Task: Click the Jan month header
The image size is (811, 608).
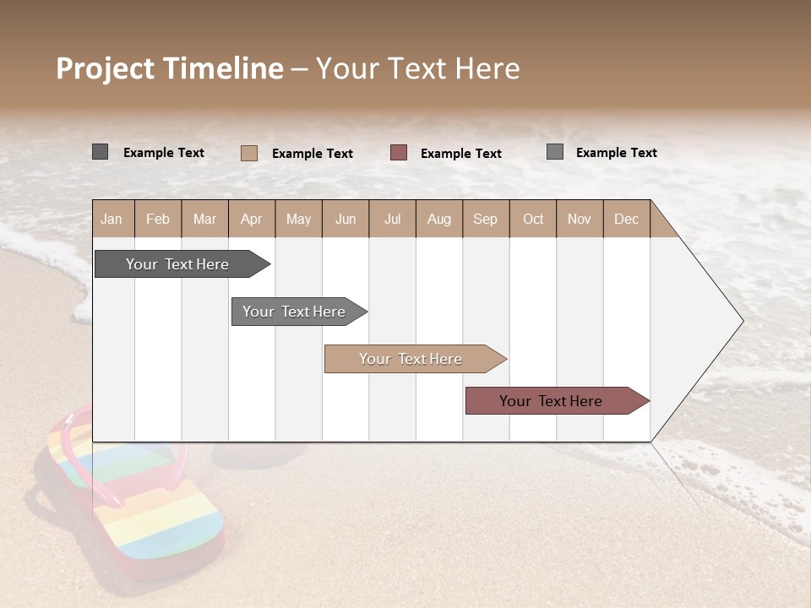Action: [x=112, y=219]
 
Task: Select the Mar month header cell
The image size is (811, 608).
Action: [x=204, y=219]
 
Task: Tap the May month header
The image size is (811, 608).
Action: [x=298, y=219]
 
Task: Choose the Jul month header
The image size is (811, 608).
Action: [x=392, y=219]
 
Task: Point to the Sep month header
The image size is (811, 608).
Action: [x=485, y=219]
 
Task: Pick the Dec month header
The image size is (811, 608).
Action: [x=626, y=219]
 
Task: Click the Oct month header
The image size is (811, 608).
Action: [x=533, y=219]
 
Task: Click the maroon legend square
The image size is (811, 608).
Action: [x=399, y=152]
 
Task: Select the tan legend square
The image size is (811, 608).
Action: [x=249, y=153]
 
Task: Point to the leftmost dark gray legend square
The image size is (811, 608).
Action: [x=100, y=152]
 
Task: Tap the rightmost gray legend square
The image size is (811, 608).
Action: [x=555, y=152]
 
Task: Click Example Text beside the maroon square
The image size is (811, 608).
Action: [x=460, y=153]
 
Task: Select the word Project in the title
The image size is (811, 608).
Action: [x=106, y=68]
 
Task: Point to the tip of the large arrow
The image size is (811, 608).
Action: [x=742, y=320]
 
